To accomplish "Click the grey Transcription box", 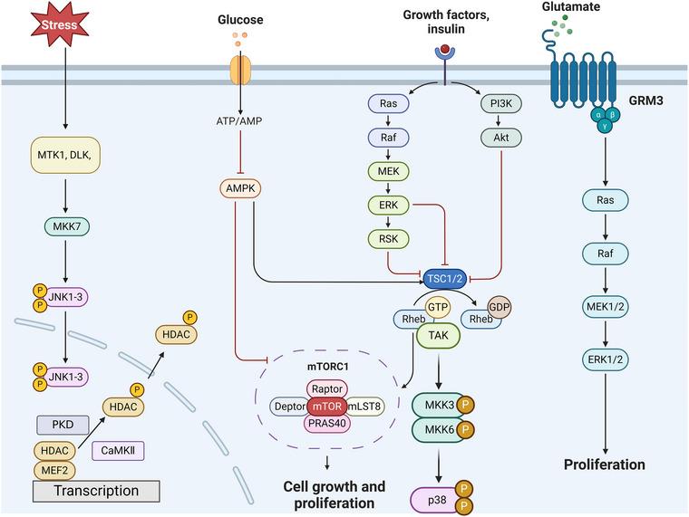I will click(x=96, y=491).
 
